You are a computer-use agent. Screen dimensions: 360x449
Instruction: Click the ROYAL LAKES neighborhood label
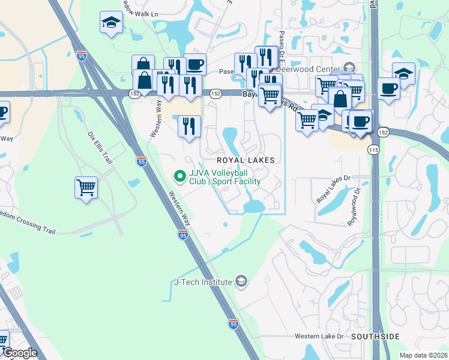coord(246,160)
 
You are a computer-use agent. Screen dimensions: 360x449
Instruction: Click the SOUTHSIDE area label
coord(375,337)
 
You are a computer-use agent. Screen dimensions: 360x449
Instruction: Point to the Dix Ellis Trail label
coord(100,148)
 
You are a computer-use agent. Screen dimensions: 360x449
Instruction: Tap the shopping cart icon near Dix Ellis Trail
coord(86,188)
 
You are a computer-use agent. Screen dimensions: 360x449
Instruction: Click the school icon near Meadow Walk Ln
coord(111,23)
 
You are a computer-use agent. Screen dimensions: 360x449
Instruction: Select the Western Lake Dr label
coord(319,336)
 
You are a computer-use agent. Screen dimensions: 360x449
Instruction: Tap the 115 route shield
coord(373,149)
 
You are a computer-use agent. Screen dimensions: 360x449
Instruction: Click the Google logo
coord(20,353)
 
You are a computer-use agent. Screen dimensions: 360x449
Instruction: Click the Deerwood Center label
coord(327,69)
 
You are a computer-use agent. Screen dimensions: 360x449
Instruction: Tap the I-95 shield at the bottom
coord(234,324)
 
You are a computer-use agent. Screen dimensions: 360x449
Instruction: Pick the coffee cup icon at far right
coord(389,89)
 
